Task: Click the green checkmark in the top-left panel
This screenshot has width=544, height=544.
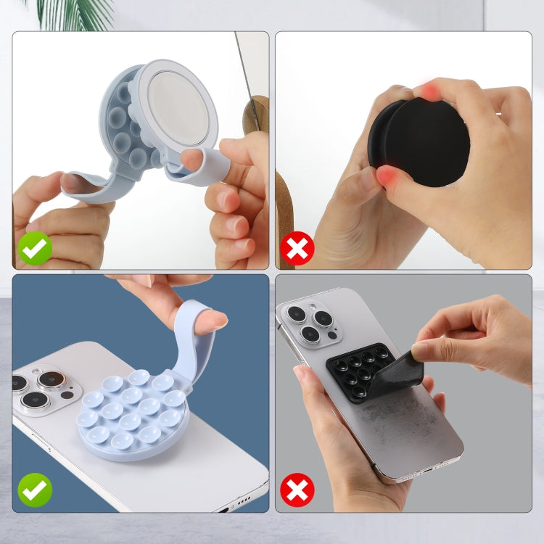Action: [x=35, y=250]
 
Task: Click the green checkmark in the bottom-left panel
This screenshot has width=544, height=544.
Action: [x=35, y=490]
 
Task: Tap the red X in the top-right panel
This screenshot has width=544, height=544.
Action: [x=297, y=250]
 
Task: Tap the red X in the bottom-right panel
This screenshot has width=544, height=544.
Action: [x=297, y=490]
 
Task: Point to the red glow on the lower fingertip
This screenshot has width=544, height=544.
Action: [x=386, y=176]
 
